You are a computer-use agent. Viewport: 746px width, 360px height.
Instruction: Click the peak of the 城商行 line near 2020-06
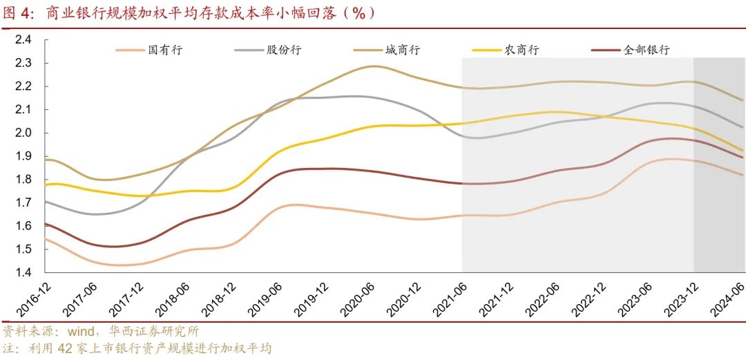(x=373, y=66)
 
